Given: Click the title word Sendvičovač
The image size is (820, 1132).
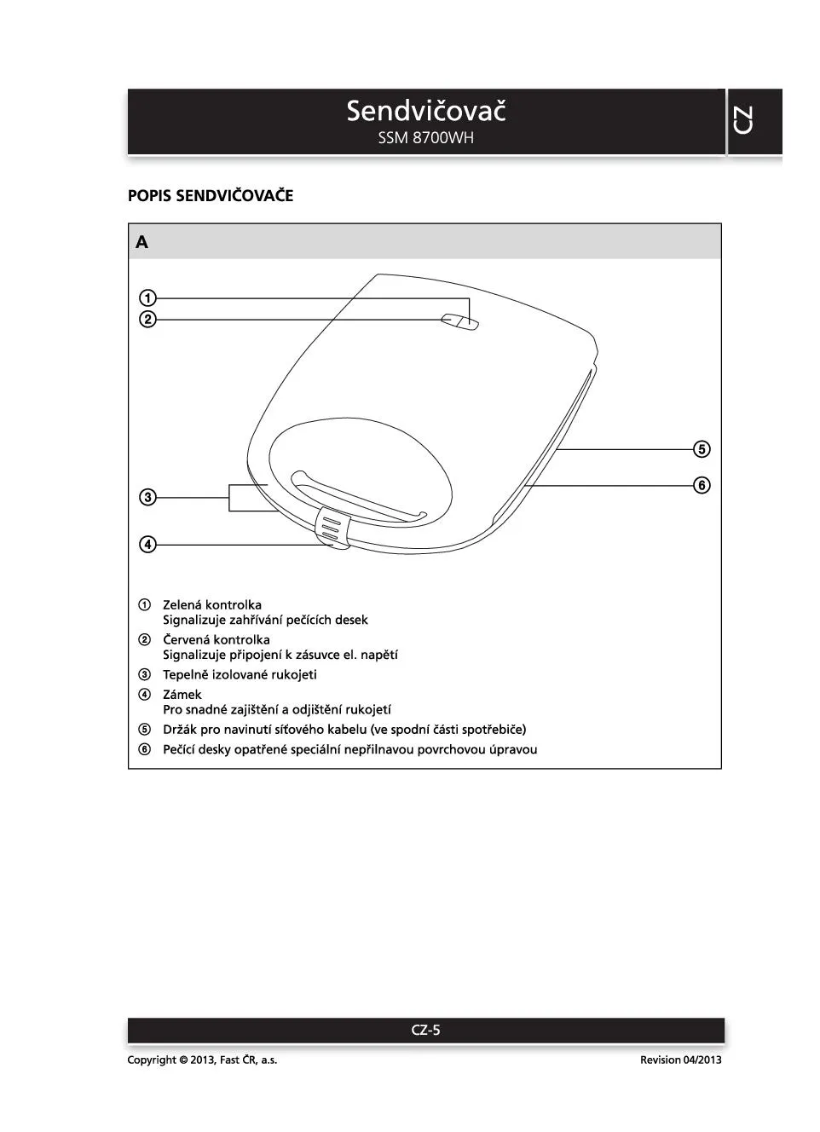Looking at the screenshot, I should coord(426,111).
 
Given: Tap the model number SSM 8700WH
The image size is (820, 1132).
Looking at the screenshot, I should coord(426,138).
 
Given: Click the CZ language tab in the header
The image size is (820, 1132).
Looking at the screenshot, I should coord(743,120).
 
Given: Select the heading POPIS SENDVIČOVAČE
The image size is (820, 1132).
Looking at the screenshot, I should coord(211,196).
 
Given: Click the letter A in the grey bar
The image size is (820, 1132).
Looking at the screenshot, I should coord(141,242).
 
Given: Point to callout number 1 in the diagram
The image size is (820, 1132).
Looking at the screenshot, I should coord(148,298).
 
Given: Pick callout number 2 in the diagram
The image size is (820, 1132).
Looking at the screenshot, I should coord(148,320).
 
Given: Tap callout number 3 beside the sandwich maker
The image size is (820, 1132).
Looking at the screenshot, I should coord(148,497).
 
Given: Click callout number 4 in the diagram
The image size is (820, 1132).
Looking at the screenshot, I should coord(148,544).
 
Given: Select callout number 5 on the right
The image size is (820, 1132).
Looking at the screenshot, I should coord(702,449).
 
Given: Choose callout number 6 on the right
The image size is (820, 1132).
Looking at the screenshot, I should coord(702,485).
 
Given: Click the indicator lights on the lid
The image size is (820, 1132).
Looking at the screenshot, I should coord(460,321).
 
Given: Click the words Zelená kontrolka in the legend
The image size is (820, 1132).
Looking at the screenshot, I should coord(212,605).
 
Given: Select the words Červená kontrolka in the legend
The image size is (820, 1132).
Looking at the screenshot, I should coord(217,640).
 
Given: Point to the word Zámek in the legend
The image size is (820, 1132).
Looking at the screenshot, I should coord(182,695).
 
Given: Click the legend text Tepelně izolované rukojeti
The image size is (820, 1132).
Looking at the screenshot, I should coord(240,675).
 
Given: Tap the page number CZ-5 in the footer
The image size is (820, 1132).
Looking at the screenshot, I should coord(426,1030).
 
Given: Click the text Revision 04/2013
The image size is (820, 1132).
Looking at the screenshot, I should coord(680,1060).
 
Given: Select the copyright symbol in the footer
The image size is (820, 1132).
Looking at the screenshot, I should coord(183,1060).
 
